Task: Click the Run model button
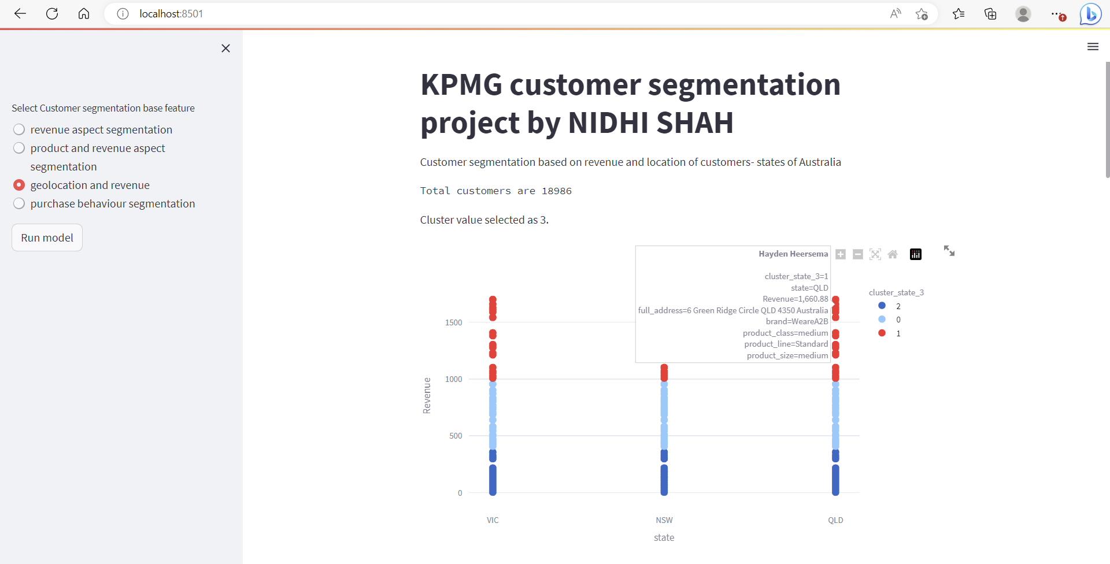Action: point(47,238)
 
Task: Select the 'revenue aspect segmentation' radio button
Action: point(19,129)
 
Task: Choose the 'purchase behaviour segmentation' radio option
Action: point(19,203)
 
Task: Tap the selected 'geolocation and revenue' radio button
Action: point(19,185)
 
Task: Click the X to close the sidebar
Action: point(225,49)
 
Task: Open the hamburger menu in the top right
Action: point(1092,47)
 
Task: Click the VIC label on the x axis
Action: point(493,520)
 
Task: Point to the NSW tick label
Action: point(664,520)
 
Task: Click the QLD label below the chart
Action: point(835,520)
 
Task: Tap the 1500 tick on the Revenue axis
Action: point(453,322)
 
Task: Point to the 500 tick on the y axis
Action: point(456,436)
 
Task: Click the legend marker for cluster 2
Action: point(882,306)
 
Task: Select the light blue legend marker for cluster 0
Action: point(882,320)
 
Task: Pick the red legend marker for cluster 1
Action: point(882,333)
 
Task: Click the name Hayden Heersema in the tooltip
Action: point(793,254)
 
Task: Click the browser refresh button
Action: point(52,13)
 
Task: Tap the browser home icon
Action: point(84,13)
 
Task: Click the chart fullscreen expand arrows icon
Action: point(949,251)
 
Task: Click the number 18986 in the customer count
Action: point(556,191)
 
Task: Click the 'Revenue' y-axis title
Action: point(427,395)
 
